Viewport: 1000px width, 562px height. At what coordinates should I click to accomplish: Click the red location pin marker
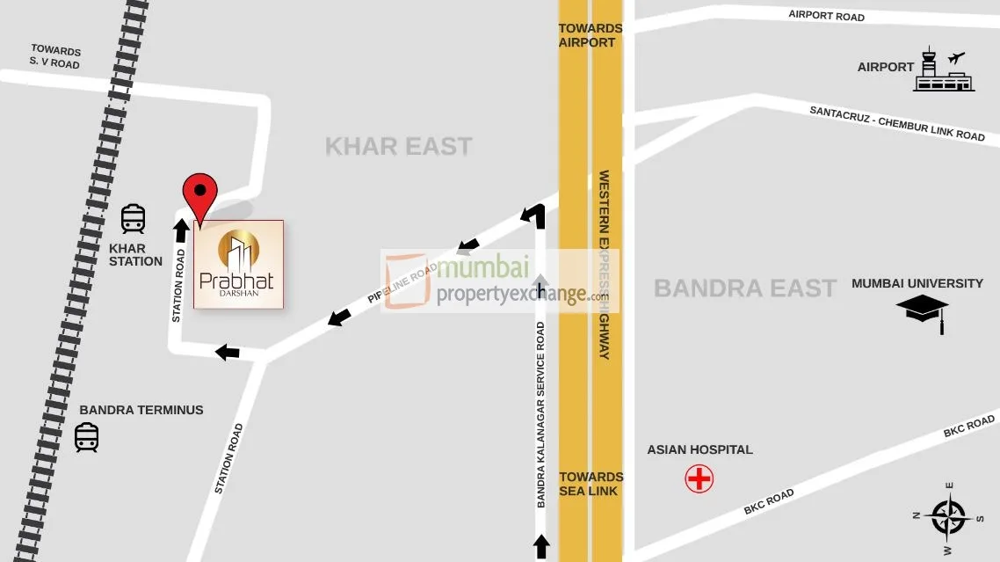click(200, 192)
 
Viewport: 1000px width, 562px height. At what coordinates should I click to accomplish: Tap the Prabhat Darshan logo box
click(239, 265)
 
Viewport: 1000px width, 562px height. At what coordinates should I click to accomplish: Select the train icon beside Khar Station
click(133, 218)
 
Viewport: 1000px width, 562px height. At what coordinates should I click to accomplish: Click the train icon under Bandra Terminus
click(86, 437)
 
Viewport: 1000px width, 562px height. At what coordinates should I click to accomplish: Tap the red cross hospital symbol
click(699, 478)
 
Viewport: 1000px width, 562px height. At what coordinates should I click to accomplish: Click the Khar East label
click(399, 146)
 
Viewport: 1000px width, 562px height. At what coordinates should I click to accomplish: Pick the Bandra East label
click(745, 288)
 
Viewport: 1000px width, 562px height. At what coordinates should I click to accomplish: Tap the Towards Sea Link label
click(591, 484)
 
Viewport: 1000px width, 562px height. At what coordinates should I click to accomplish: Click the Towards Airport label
click(591, 35)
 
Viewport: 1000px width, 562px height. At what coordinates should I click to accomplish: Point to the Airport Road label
click(826, 15)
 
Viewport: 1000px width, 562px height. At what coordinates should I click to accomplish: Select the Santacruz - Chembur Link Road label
click(897, 123)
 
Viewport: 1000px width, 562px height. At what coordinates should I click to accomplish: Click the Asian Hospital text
click(699, 449)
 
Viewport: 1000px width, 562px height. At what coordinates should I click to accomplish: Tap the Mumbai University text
click(917, 283)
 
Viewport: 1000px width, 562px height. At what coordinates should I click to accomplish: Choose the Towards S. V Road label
click(55, 57)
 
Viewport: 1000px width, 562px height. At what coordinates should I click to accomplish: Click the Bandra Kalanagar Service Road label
click(541, 414)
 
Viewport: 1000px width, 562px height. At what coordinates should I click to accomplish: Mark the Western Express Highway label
click(605, 264)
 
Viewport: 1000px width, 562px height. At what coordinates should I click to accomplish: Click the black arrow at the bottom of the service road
click(541, 546)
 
